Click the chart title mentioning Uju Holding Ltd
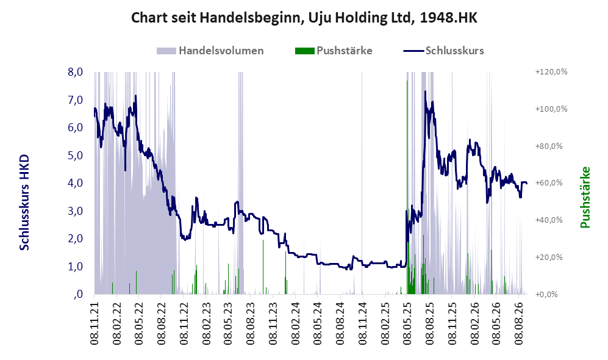pos(304,18)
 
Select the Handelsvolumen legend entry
pos(210,51)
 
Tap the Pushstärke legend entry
pos(334,51)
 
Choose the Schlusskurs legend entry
pos(443,51)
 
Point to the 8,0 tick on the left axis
pos(75,72)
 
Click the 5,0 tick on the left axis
pos(75,155)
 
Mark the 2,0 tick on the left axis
pos(75,239)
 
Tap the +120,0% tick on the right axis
pos(551,72)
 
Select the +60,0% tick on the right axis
pos(549,182)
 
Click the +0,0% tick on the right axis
pos(547,294)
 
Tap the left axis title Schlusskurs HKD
pos(24,203)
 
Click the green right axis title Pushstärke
pos(585,197)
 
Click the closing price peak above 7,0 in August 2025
pos(426,92)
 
